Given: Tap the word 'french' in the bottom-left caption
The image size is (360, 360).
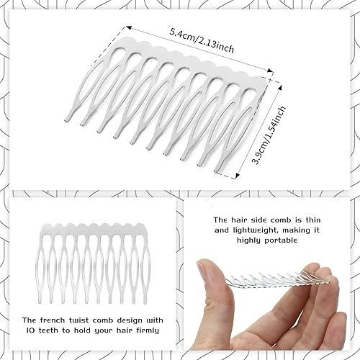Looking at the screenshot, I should point(62,319).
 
